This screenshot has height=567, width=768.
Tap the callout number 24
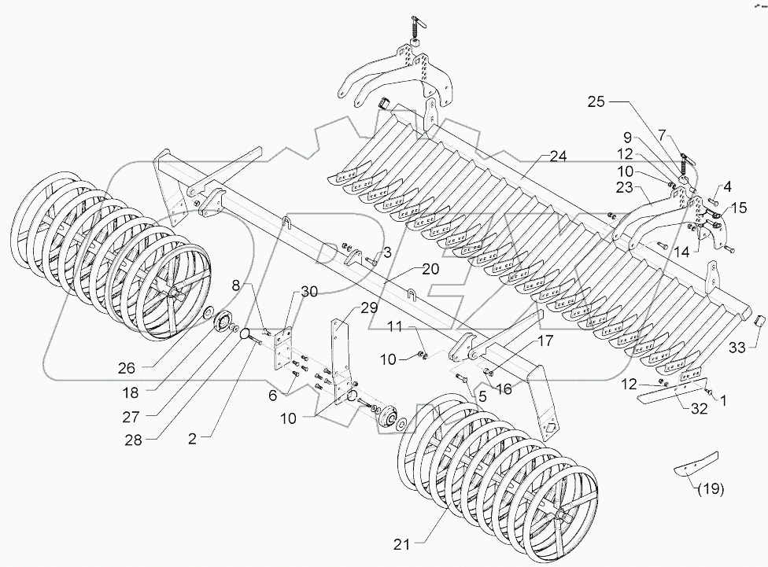pos(558,156)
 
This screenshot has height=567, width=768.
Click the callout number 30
pos(309,291)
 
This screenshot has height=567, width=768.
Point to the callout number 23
pos(626,188)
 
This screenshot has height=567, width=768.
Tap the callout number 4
pos(726,187)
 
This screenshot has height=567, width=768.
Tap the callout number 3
pos(387,252)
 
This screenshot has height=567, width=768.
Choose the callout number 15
pos(740,208)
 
